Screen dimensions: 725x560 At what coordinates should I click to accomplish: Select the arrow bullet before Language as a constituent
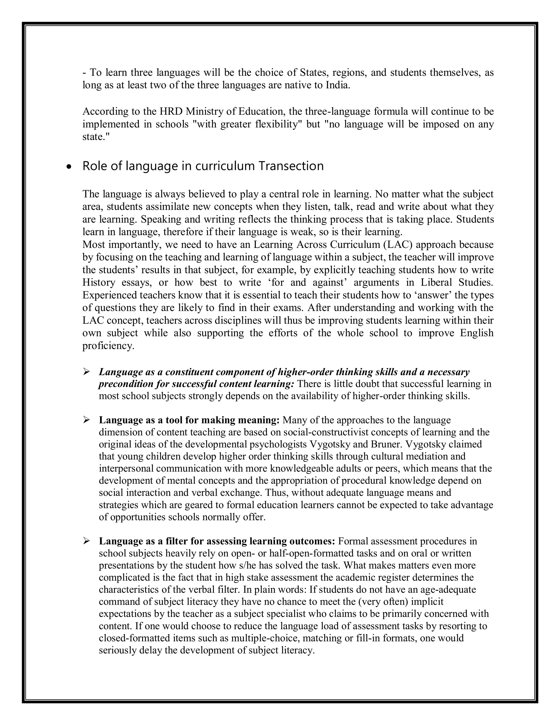click(x=87, y=372)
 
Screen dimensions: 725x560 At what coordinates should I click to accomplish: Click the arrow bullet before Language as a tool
click(x=87, y=420)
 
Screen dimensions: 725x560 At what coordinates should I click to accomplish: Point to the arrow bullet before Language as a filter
click(x=87, y=541)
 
